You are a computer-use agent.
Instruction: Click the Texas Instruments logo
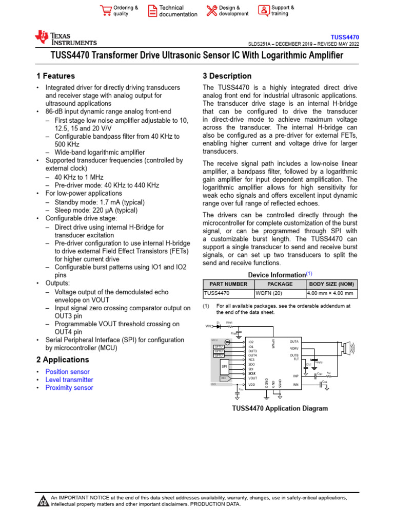coord(65,39)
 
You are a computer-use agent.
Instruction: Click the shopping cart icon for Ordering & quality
coord(106,11)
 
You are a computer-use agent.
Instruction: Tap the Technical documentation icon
coord(152,11)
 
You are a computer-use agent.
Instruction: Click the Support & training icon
coord(264,11)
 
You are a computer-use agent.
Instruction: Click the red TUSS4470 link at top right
coord(345,37)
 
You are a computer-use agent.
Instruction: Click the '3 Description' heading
coord(227,76)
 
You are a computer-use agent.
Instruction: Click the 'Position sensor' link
coord(67,372)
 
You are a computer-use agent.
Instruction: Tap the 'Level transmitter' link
coord(69,380)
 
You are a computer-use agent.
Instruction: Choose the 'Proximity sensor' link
coord(69,388)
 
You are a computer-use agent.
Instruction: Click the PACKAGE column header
coord(280,284)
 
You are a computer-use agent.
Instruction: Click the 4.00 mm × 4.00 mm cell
coord(330,293)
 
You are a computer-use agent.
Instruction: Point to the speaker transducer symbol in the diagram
coord(346,349)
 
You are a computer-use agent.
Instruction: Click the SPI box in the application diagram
coord(224,367)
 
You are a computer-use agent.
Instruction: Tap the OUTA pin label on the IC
coord(294,342)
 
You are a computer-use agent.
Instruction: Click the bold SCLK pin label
coord(252,373)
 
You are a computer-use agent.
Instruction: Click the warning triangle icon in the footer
coord(43,501)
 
